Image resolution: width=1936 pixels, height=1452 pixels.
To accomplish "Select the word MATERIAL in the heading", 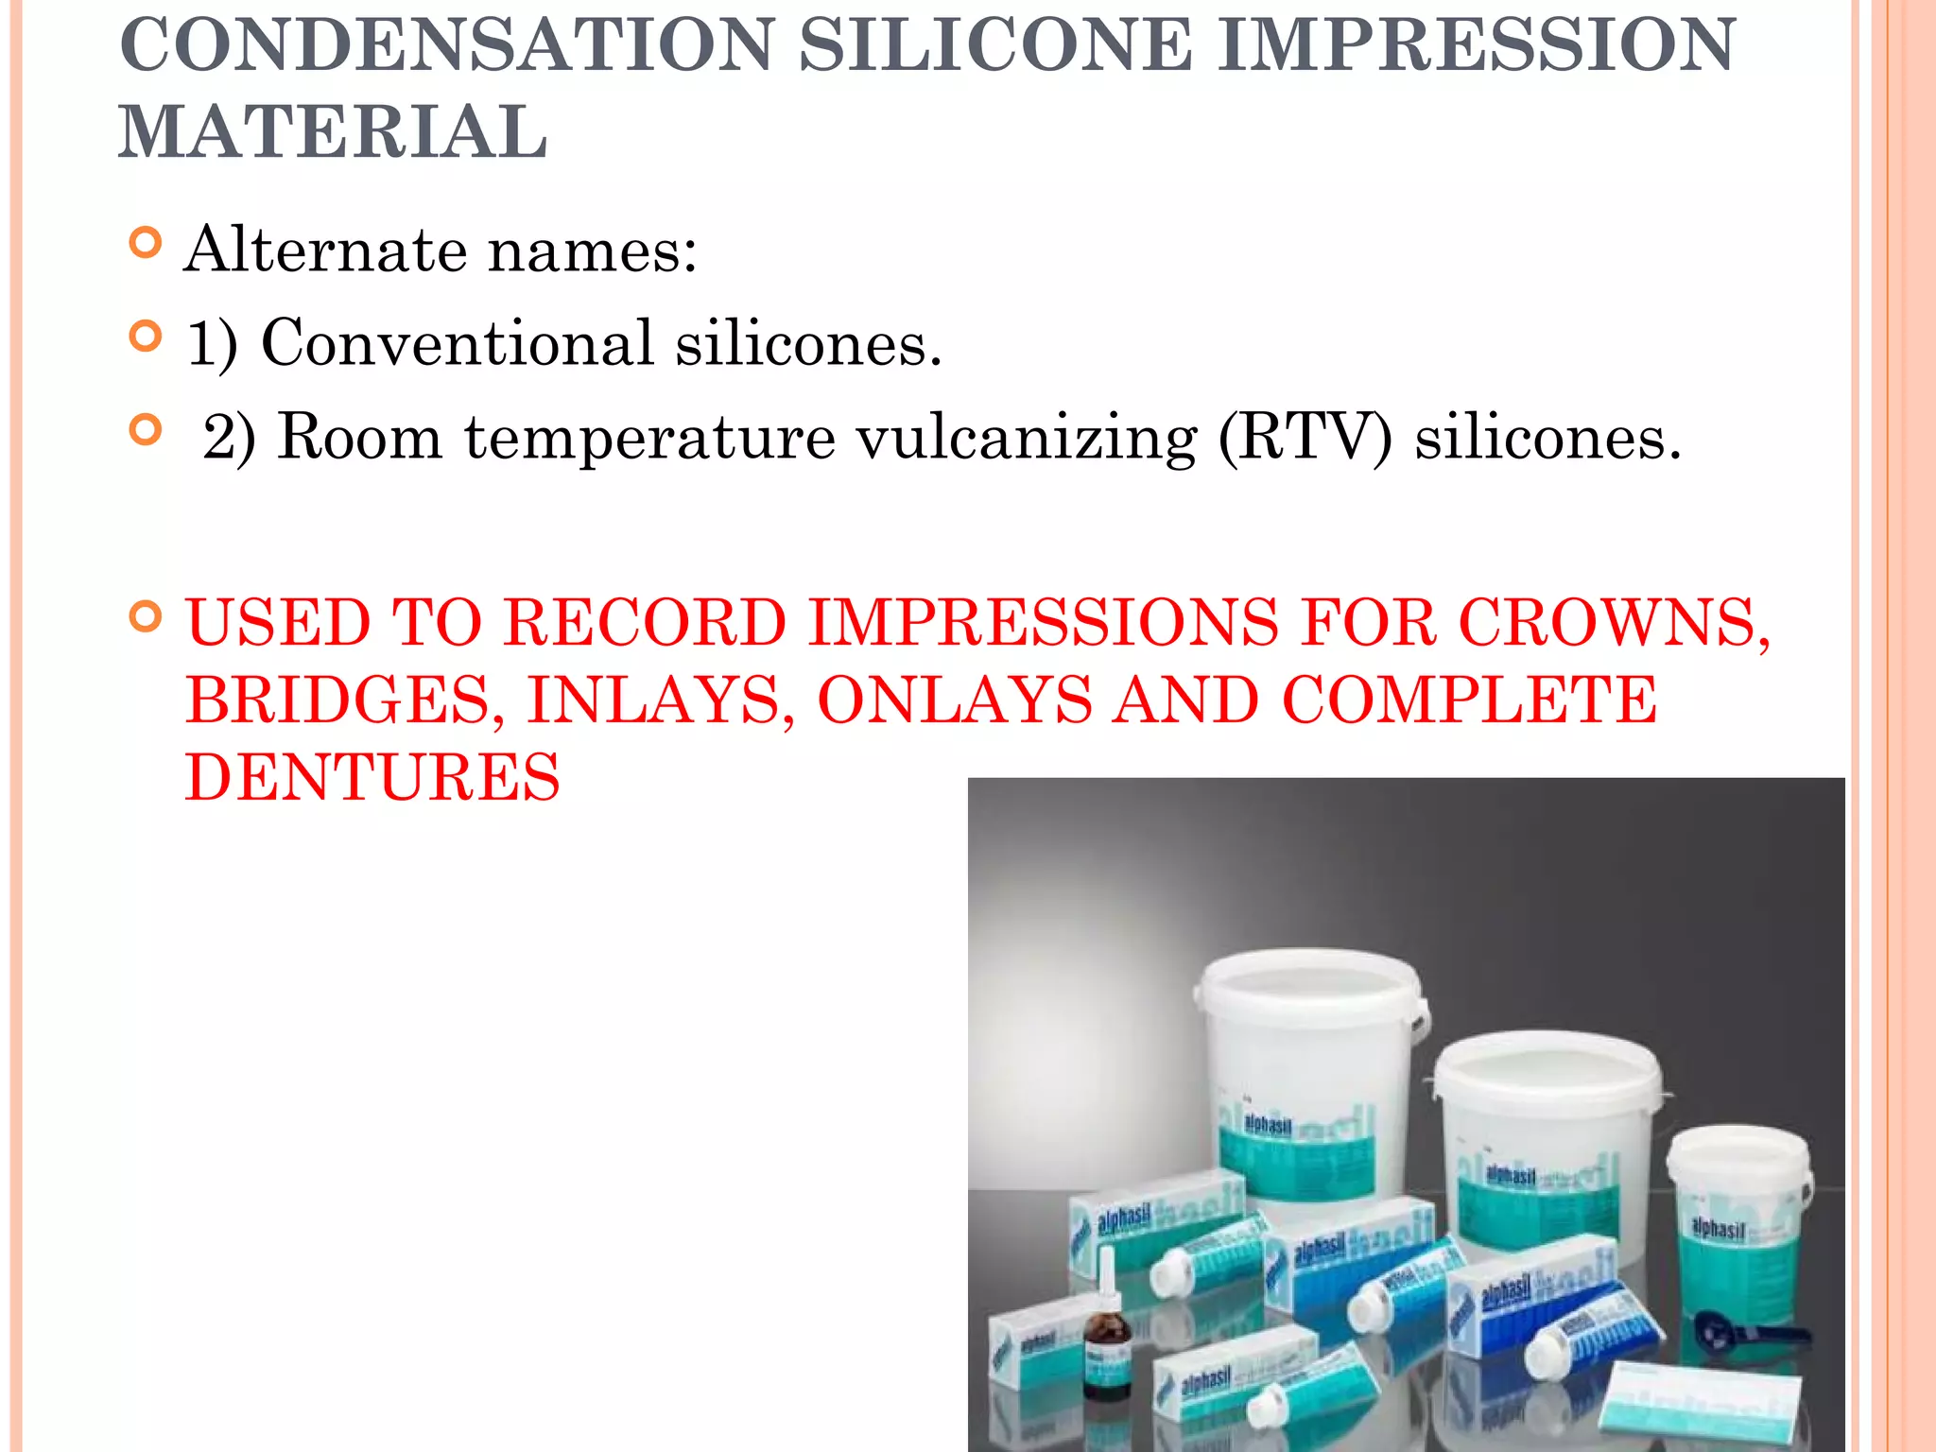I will [333, 132].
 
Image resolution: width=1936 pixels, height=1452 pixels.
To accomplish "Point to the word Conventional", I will [458, 342].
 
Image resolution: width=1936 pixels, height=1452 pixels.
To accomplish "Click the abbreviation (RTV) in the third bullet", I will [1305, 438].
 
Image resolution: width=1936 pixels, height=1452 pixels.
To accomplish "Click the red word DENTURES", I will [372, 777].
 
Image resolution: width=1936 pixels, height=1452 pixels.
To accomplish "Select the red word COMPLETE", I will [1469, 700].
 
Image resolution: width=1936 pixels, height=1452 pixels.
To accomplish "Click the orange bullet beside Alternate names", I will [145, 244].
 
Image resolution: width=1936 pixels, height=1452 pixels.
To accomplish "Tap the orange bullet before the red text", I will [145, 617].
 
